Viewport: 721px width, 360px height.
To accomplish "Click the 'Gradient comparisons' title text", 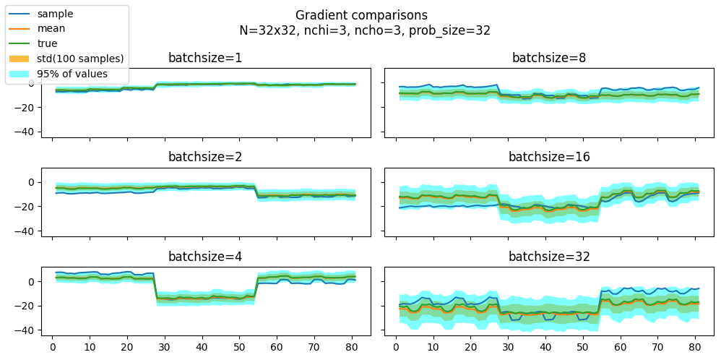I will [x=361, y=15].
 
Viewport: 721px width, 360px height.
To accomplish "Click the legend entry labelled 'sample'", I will [x=55, y=14].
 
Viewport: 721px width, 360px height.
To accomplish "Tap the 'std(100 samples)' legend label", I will [x=80, y=59].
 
